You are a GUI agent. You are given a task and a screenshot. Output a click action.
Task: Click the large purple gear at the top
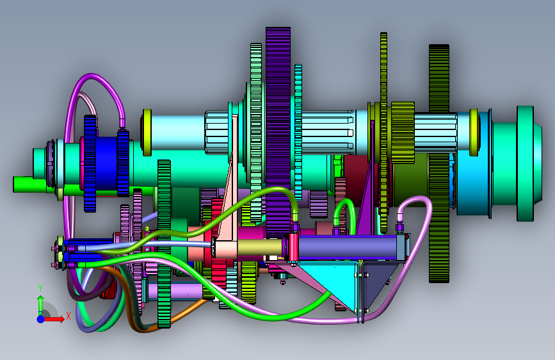click(278, 131)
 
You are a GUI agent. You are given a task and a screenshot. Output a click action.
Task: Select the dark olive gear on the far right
click(439, 163)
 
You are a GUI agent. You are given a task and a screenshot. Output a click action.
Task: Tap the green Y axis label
click(40, 288)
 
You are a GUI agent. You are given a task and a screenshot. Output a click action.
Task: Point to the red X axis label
click(68, 316)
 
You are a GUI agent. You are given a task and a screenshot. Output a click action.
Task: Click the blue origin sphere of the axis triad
click(41, 319)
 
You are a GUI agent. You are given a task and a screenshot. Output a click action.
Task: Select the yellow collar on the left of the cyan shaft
click(147, 132)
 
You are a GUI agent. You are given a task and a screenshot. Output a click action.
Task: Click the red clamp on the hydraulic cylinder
click(293, 248)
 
